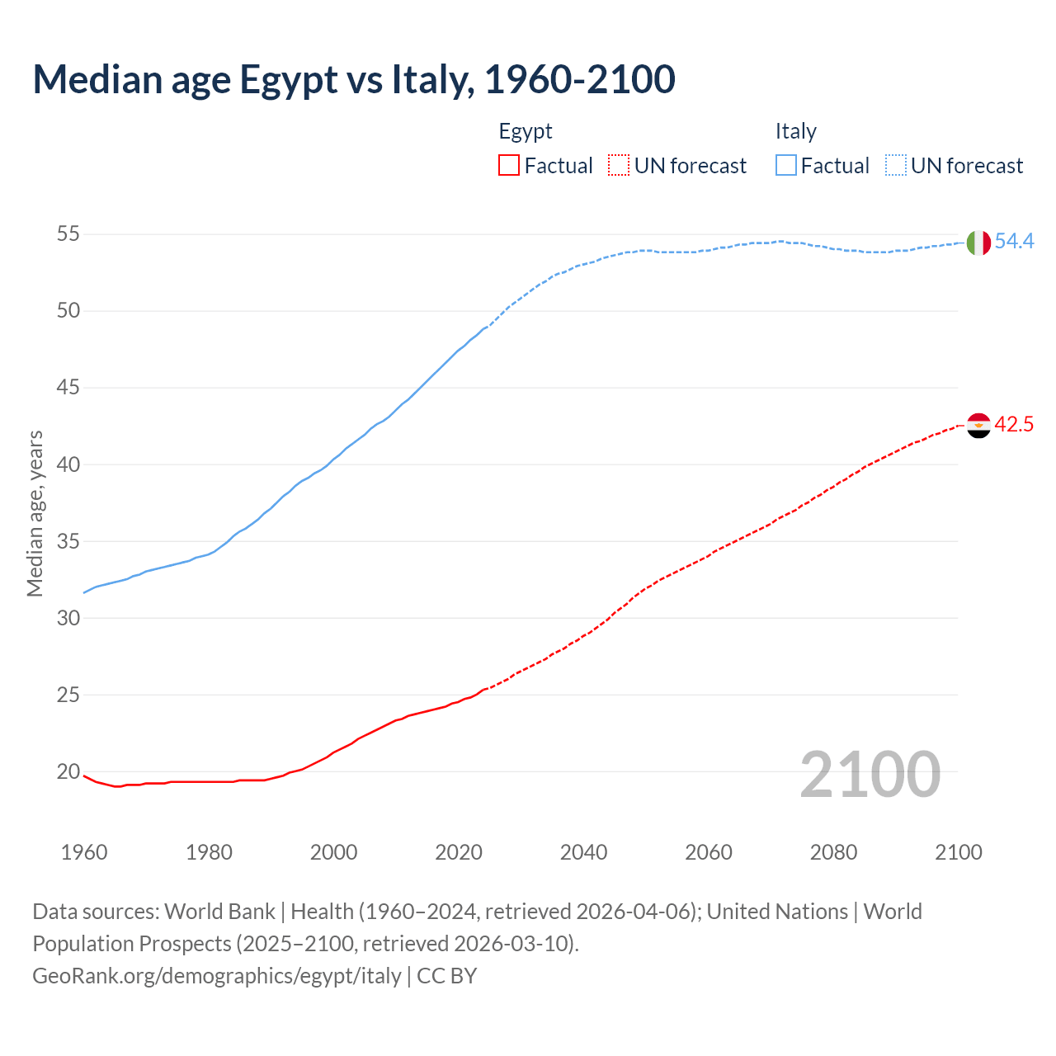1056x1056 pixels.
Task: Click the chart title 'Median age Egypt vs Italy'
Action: [354, 79]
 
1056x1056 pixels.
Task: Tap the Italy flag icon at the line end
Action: [978, 243]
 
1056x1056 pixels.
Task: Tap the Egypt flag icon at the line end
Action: [978, 426]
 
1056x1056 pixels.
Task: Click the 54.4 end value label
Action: [1014, 242]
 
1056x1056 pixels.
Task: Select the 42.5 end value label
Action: [1014, 425]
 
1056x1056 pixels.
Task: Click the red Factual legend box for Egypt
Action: [509, 166]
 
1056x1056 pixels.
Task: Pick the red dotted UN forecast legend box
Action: [619, 166]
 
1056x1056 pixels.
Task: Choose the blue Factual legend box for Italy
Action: [786, 166]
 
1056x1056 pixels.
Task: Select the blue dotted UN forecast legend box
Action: [896, 166]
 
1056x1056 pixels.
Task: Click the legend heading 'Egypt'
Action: [526, 132]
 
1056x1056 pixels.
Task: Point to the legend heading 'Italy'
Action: [795, 132]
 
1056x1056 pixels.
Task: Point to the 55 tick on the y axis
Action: [68, 234]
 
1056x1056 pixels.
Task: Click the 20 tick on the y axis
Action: [68, 772]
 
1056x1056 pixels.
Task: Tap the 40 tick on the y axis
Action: [68, 464]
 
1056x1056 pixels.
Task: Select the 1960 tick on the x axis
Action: [84, 852]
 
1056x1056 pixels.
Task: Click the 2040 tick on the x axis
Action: [584, 852]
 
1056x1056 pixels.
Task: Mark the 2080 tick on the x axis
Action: [833, 852]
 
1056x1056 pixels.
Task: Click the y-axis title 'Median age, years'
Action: [35, 513]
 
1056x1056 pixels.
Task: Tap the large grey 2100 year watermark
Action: [870, 774]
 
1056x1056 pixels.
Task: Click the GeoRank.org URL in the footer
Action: [217, 976]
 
